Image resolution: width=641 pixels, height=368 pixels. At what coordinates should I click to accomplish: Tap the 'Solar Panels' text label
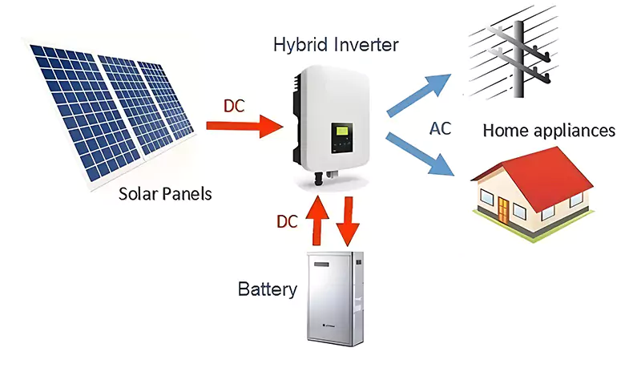click(x=167, y=193)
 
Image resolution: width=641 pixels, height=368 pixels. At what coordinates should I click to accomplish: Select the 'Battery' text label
click(x=268, y=289)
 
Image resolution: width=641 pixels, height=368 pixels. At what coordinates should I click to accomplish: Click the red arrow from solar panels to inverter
click(x=244, y=124)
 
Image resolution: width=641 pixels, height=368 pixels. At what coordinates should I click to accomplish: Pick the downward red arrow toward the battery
click(x=347, y=220)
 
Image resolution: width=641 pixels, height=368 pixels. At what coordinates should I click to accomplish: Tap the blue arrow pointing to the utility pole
click(x=421, y=94)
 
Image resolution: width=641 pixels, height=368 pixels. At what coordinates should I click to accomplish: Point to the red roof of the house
click(x=553, y=172)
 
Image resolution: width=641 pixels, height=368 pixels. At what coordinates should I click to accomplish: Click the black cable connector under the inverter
click(x=317, y=176)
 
